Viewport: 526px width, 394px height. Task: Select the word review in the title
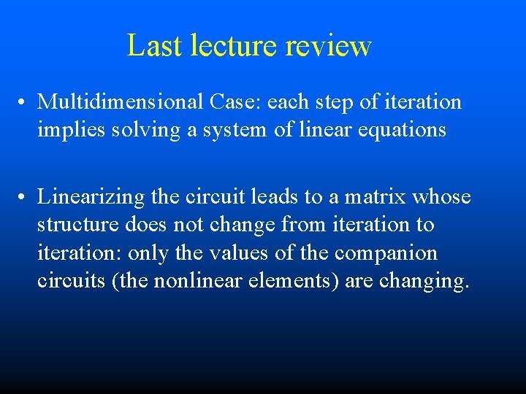(328, 45)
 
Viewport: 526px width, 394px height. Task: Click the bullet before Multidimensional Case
(24, 103)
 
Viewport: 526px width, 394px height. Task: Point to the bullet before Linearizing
(24, 197)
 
